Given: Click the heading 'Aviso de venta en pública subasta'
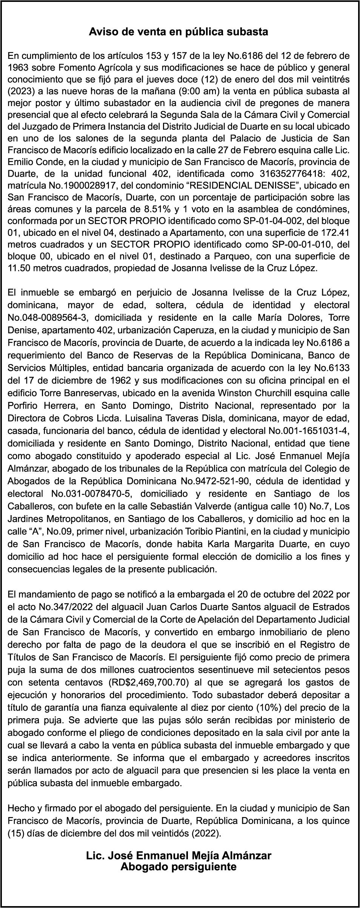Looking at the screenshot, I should click(x=178, y=32).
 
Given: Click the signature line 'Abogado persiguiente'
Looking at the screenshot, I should click(x=178, y=856).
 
